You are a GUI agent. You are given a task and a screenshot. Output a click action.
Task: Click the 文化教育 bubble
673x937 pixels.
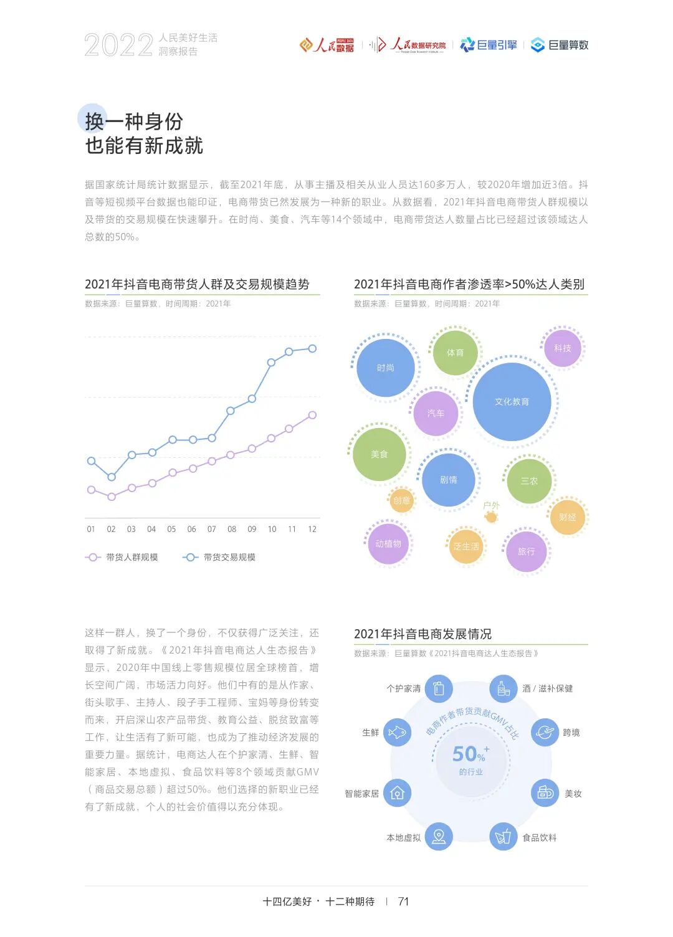[512, 402]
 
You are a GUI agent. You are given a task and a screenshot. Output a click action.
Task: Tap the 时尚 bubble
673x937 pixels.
[385, 368]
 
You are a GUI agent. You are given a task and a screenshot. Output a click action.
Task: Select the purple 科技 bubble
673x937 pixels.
[562, 348]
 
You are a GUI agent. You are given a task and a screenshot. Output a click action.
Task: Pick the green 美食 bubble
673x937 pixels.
[379, 454]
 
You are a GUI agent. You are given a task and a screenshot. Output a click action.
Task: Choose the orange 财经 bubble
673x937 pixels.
[567, 517]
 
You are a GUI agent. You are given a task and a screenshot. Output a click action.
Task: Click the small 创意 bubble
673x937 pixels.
[402, 500]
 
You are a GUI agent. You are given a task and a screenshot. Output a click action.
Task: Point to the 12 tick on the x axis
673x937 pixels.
[312, 529]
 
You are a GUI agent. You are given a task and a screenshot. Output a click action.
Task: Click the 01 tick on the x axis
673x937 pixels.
[91, 529]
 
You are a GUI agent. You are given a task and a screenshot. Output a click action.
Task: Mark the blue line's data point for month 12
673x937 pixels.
[312, 348]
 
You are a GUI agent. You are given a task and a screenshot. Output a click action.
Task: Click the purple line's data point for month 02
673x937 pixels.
[112, 497]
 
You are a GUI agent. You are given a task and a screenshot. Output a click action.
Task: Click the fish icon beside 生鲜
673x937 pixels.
[397, 732]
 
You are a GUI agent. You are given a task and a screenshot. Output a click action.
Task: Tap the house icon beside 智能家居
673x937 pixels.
[397, 793]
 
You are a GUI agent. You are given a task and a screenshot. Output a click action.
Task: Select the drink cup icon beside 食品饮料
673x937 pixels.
[503, 837]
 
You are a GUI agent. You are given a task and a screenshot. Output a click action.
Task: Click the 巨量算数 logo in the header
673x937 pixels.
[560, 45]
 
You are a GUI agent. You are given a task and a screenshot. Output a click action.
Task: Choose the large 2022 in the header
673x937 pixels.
[118, 45]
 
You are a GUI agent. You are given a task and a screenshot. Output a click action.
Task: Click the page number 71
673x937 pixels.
[403, 901]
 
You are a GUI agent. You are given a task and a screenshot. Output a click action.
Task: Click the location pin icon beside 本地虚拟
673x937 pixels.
[439, 837]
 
